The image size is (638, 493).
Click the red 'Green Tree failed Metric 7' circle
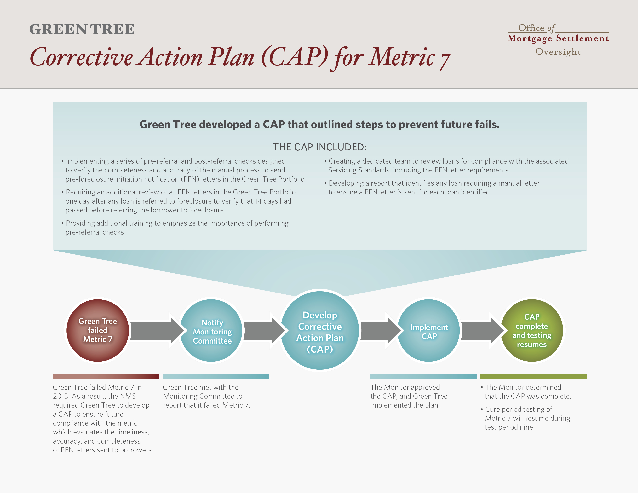click(98, 331)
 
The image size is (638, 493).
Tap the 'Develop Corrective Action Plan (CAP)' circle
click(320, 331)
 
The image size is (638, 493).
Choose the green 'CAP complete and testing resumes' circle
click(532, 331)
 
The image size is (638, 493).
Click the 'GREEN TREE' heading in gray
click(82, 29)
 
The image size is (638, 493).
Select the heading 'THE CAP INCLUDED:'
click(320, 147)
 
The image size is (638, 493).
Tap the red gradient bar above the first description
click(106, 377)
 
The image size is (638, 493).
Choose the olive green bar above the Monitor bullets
click(533, 377)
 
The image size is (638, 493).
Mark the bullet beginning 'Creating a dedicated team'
click(446, 165)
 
